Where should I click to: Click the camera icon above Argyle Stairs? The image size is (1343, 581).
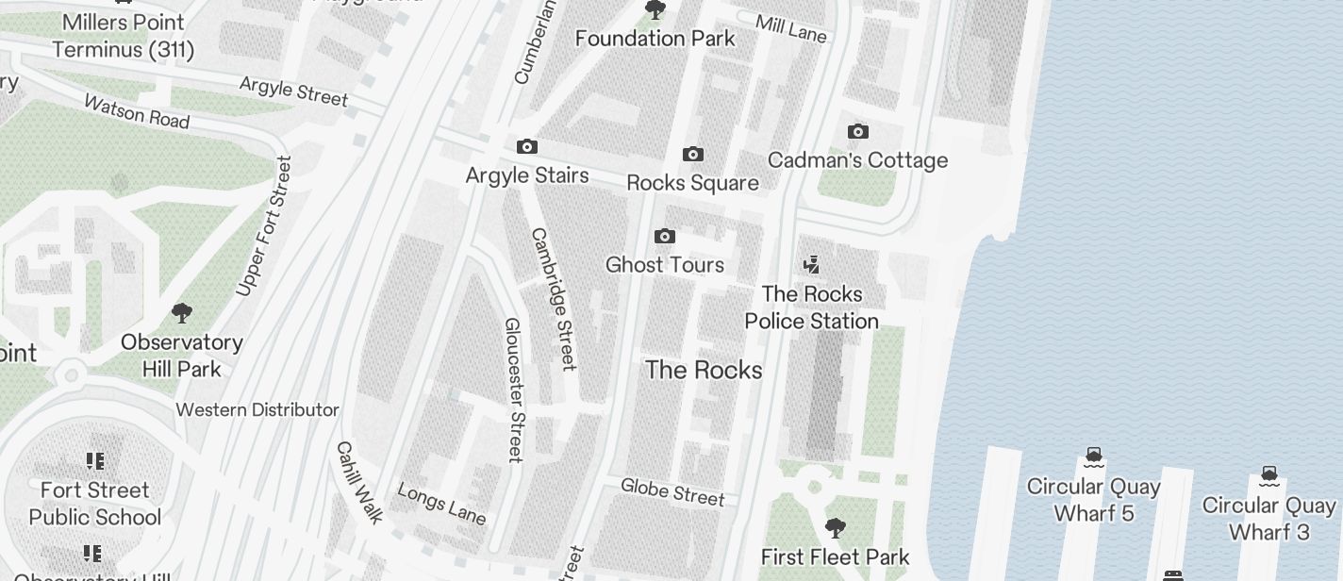[527, 146]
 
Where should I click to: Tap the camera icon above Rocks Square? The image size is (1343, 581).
[693, 154]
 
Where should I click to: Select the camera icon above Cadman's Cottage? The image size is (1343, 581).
[857, 131]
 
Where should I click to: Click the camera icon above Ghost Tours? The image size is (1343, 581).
[665, 236]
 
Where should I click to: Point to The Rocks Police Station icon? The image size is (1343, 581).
[811, 265]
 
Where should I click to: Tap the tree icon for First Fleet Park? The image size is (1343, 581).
[835, 527]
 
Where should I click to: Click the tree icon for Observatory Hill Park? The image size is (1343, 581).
[182, 312]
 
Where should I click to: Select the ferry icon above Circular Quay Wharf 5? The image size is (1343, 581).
[1093, 457]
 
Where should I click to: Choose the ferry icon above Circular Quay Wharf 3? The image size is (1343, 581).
[1269, 474]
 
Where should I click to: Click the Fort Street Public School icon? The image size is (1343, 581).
[94, 460]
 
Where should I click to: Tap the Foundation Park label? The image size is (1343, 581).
[655, 39]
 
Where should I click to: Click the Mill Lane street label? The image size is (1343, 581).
[791, 28]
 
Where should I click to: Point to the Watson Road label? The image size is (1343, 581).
[137, 110]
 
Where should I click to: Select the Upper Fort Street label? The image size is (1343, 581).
[264, 226]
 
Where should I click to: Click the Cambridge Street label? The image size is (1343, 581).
[554, 298]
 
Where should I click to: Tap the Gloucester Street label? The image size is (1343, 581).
[513, 390]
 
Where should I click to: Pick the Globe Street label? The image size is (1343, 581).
[672, 491]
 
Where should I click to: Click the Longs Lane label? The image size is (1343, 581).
[441, 504]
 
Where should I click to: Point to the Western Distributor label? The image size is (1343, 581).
[257, 409]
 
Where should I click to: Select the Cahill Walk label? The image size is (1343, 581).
[360, 482]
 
